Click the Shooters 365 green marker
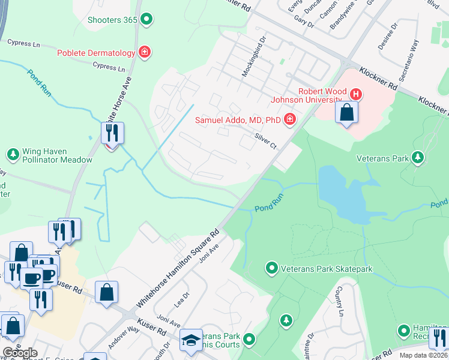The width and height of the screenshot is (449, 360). point(146,20)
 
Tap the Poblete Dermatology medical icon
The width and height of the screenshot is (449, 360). point(144,53)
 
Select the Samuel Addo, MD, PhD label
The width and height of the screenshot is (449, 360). point(238,120)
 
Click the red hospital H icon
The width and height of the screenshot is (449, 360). point(356,94)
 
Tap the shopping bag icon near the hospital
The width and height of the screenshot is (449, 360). point(346,113)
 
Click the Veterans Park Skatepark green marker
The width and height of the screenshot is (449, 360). point(272,268)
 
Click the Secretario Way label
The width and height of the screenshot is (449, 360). point(408,61)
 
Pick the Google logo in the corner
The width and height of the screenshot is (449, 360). point(20,352)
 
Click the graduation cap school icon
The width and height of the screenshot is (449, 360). point(191,341)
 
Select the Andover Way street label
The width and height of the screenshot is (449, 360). point(124,338)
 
